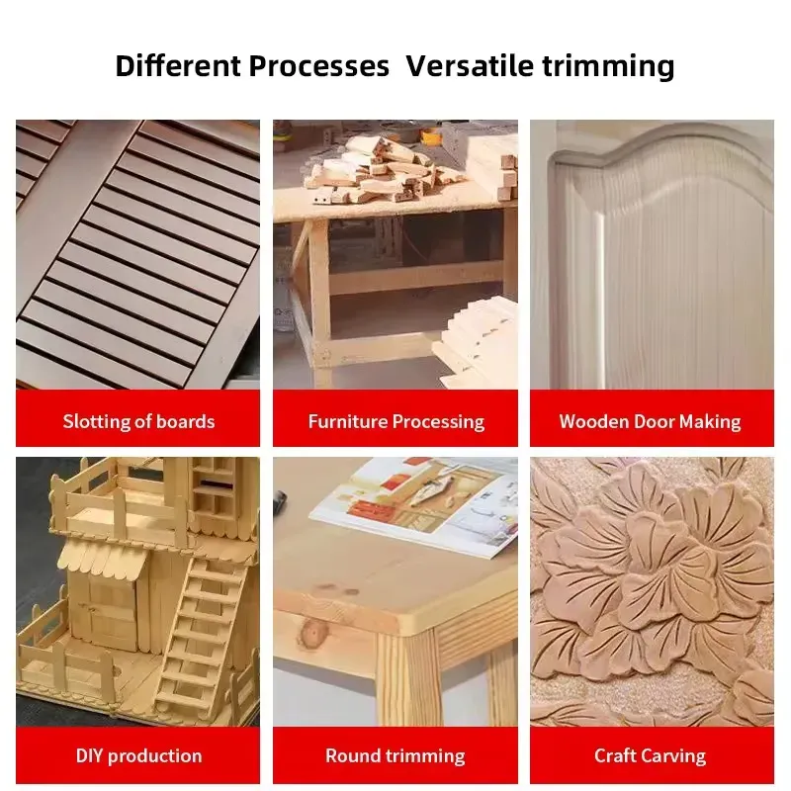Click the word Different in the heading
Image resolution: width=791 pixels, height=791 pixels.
[178, 65]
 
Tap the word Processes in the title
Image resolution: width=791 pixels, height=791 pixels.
[318, 66]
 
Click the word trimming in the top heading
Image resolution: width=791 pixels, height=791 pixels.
[608, 67]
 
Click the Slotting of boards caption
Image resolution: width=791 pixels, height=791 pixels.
[138, 421]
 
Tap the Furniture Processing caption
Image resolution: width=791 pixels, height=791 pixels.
[396, 422]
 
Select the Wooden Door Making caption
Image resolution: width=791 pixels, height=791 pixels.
[650, 422]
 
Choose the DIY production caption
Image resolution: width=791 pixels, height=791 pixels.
[138, 755]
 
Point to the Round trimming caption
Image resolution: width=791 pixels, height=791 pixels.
[395, 755]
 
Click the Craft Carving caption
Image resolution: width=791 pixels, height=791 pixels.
[650, 755]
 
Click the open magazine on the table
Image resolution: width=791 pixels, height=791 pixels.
[413, 504]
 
